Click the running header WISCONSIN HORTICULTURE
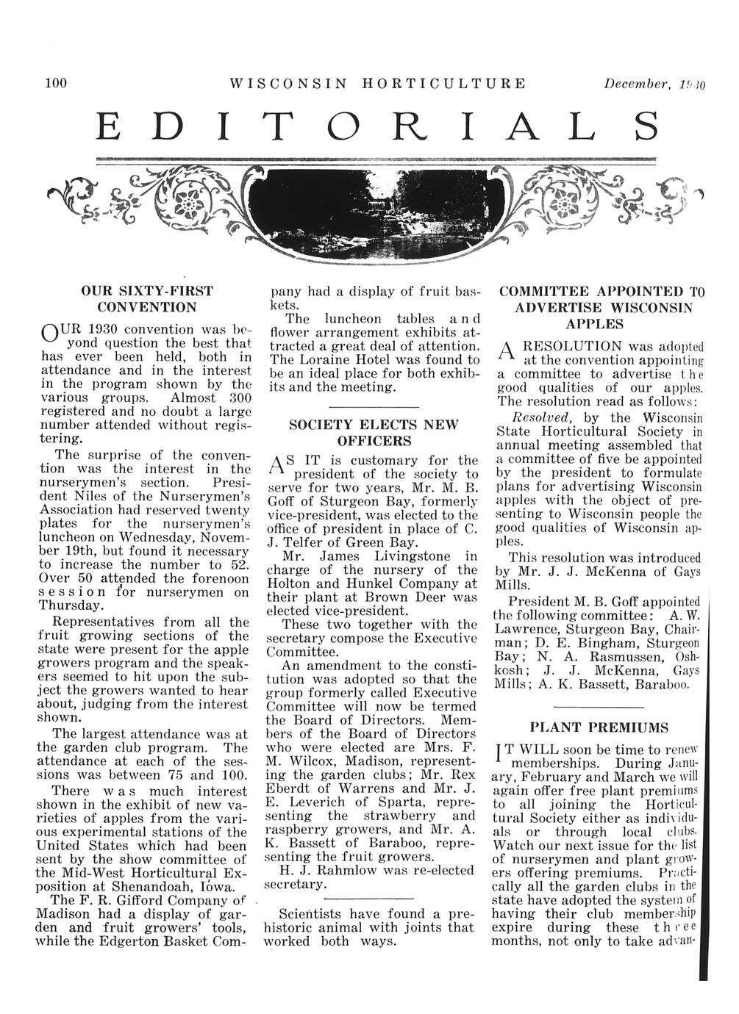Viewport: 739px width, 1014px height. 378,83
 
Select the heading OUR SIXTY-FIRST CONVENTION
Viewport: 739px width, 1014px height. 147,298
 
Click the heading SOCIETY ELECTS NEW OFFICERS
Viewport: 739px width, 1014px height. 374,433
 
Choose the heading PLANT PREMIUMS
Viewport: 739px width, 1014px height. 599,727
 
